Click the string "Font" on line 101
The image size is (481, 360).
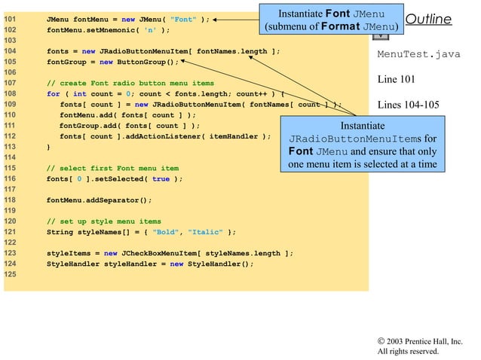click(185, 20)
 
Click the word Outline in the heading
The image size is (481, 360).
click(428, 20)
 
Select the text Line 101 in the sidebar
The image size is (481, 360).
click(396, 79)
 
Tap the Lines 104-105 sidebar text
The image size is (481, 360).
click(406, 105)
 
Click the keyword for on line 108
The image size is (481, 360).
click(53, 94)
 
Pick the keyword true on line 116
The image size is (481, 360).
click(161, 179)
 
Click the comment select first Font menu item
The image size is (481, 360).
click(112, 168)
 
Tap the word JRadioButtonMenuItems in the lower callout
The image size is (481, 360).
click(355, 139)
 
